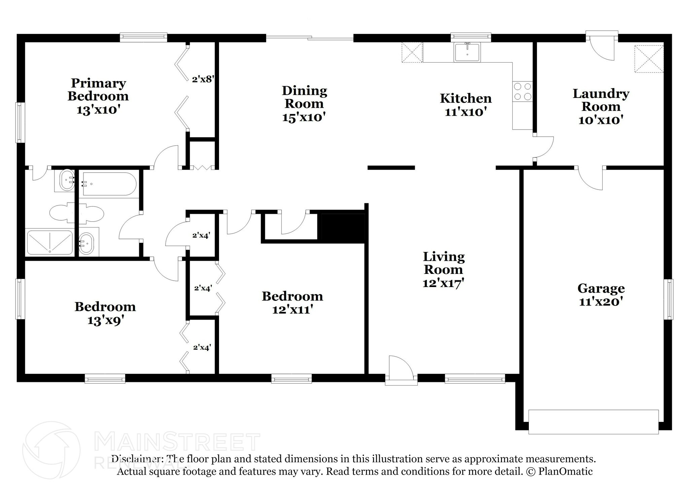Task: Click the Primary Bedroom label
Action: click(98, 90)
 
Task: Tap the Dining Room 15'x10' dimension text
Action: click(304, 117)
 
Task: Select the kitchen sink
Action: click(467, 52)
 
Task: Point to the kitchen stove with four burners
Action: click(522, 92)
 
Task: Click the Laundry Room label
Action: click(601, 100)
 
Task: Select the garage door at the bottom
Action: click(593, 422)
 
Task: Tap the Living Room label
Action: click(443, 263)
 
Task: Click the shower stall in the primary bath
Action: click(49, 242)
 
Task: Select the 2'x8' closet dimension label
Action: click(203, 79)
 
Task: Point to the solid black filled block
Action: click(343, 228)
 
